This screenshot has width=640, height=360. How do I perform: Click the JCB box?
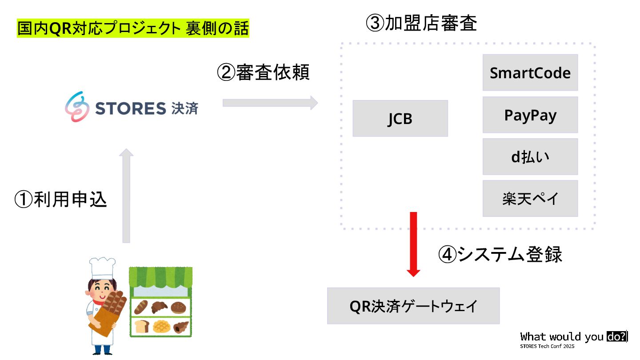(x=400, y=118)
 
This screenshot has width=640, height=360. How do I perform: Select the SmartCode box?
(x=530, y=72)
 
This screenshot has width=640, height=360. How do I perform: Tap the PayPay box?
(x=530, y=115)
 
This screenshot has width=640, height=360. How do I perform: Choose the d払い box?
(x=530, y=156)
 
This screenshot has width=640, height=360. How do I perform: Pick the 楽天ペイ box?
(x=530, y=198)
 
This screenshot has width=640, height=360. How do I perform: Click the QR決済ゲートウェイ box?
(x=413, y=306)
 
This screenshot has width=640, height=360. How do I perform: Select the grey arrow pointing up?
(x=127, y=196)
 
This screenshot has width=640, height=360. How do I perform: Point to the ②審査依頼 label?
(x=263, y=72)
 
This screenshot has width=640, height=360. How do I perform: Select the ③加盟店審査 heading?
(x=421, y=23)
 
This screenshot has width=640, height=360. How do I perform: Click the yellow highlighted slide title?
(x=133, y=29)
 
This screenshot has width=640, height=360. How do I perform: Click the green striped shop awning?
(x=160, y=276)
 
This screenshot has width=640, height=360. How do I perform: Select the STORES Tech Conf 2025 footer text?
(x=548, y=346)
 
